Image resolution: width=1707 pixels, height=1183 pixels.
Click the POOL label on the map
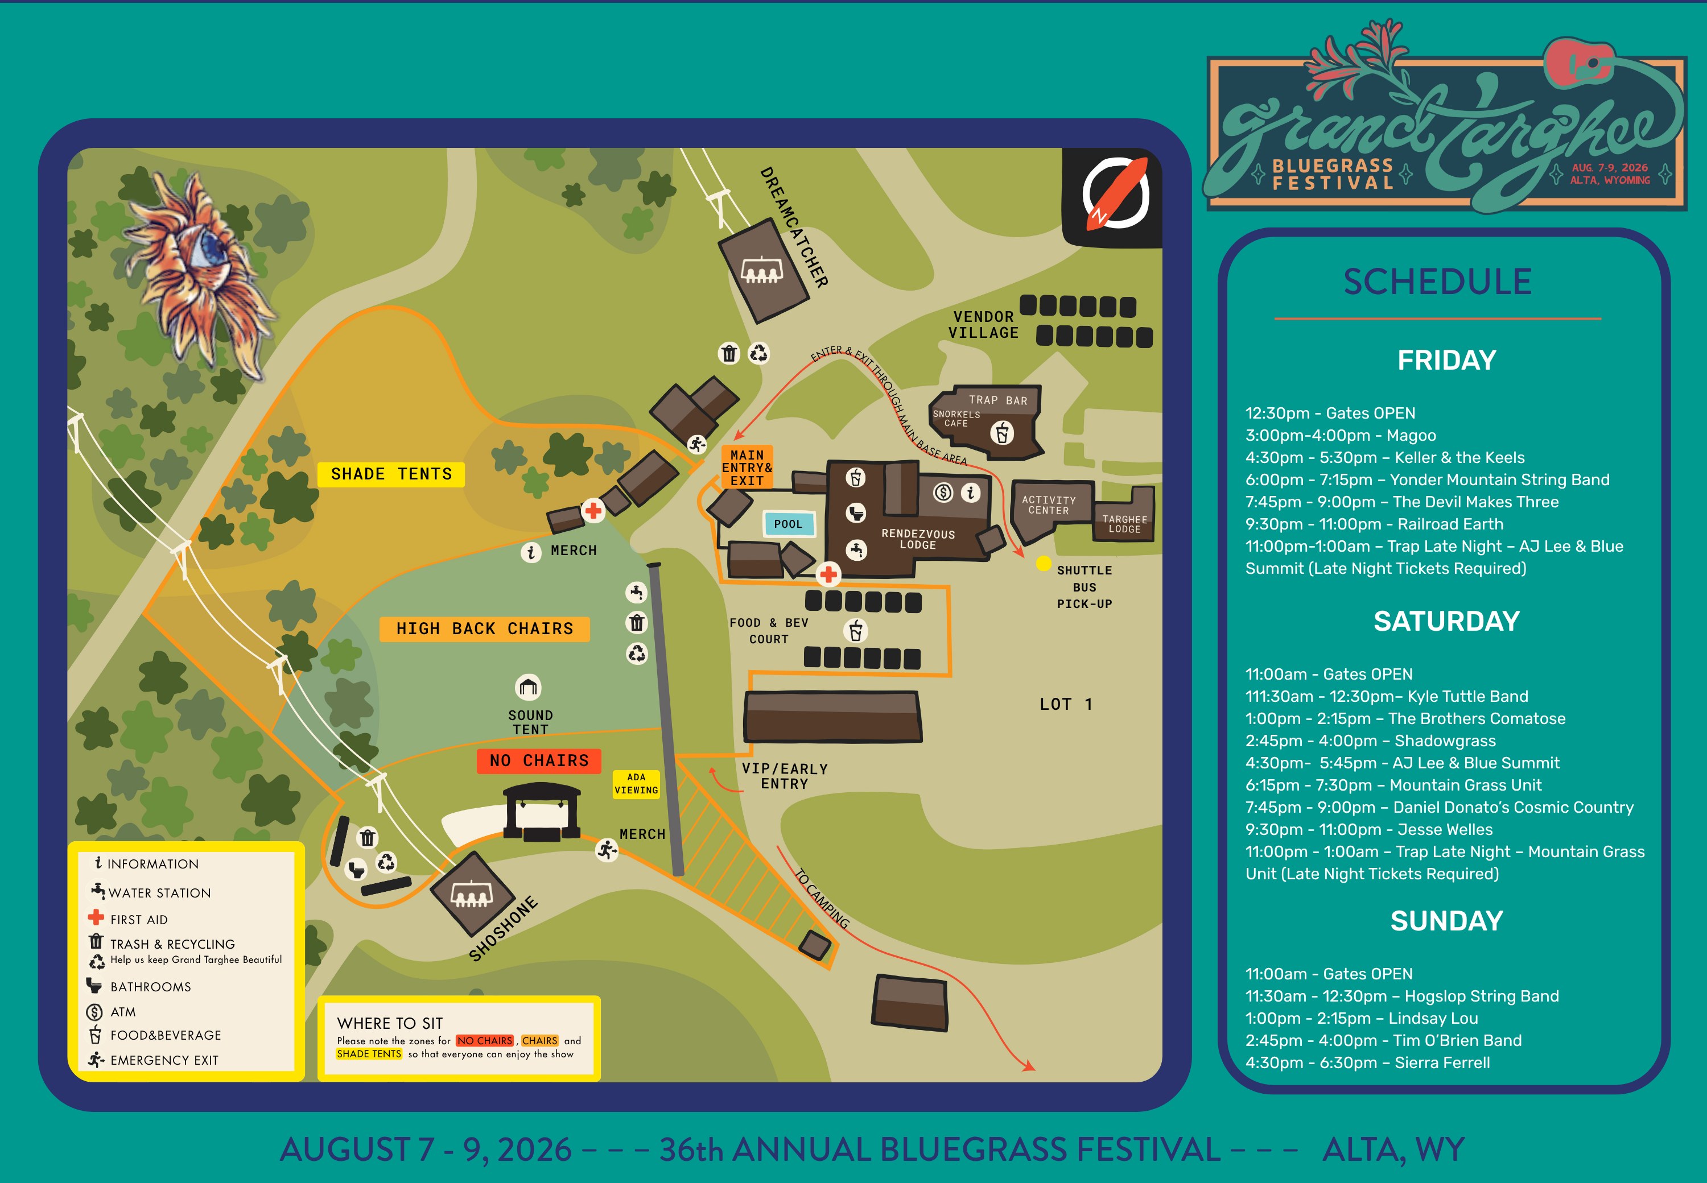[788, 524]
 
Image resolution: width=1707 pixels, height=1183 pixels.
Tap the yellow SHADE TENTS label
[391, 474]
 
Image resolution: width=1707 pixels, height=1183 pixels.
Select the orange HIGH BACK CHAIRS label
[484, 628]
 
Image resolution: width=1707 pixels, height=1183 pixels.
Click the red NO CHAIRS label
[538, 760]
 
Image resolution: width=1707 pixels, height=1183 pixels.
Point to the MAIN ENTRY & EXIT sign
[747, 468]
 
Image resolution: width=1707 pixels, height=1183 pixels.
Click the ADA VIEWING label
[636, 784]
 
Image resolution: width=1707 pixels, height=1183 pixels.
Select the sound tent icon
[528, 687]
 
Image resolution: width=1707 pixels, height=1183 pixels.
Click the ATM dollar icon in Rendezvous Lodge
[942, 492]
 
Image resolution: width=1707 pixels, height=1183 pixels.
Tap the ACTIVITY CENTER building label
[1049, 506]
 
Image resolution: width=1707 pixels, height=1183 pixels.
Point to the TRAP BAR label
[998, 400]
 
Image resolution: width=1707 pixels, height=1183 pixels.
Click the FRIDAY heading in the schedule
[1446, 360]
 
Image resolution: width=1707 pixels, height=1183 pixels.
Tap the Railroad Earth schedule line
[1374, 524]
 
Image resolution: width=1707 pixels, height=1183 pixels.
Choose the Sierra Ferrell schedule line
[1367, 1062]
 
